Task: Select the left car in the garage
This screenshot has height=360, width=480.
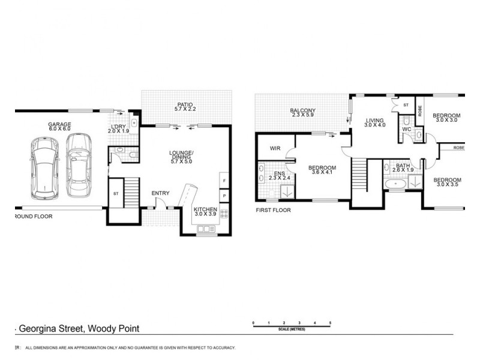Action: tap(44, 167)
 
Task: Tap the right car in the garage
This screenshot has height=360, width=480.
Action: tap(77, 164)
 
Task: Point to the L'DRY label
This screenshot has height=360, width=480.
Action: tap(116, 125)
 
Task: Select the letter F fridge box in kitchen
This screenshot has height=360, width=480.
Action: tap(224, 181)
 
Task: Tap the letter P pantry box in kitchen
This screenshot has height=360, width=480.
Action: tap(224, 196)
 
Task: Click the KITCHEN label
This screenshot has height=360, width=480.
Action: tap(206, 208)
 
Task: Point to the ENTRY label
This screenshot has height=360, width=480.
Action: tap(160, 193)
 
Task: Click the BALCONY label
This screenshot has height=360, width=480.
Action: tap(303, 110)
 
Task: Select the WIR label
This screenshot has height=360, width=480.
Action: tap(276, 148)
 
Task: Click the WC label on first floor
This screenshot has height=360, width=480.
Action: tap(406, 129)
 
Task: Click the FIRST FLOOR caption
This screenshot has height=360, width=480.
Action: tap(273, 210)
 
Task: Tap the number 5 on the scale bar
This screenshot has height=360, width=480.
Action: tap(331, 323)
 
